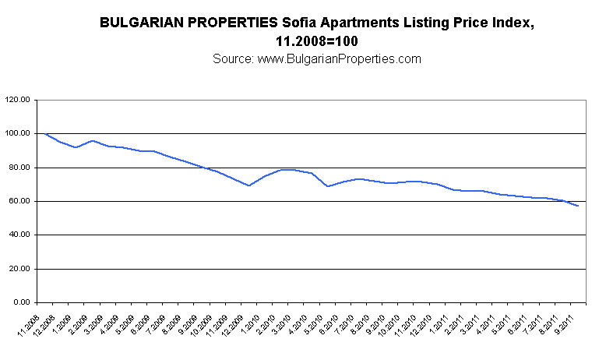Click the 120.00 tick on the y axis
17,101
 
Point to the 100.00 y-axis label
17,134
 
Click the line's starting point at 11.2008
46,134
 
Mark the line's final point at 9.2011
577,206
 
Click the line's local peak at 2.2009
93,141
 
